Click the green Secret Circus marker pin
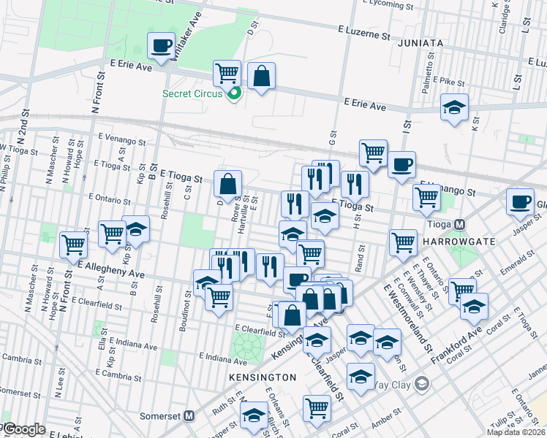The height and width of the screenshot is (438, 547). [234, 93]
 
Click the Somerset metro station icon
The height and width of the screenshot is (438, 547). [189, 415]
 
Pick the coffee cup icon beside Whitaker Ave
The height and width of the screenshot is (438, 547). [161, 46]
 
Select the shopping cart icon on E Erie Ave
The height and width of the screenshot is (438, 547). [227, 72]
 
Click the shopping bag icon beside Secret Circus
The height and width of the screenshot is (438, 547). [260, 75]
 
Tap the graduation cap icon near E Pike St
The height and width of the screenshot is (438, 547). [454, 107]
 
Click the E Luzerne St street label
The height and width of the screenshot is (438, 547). [363, 33]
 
